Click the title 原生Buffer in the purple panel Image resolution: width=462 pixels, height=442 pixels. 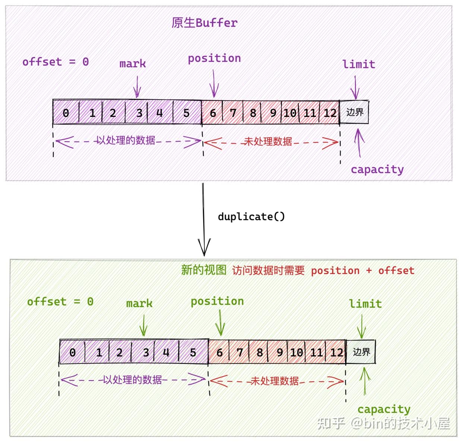click(x=204, y=23)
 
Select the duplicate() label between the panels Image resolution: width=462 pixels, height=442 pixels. click(x=251, y=217)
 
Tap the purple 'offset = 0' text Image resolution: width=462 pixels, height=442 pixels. click(x=56, y=62)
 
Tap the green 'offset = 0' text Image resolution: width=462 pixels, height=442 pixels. click(x=60, y=302)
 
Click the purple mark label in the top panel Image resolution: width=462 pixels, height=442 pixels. click(x=133, y=64)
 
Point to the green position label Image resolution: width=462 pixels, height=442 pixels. click(x=217, y=301)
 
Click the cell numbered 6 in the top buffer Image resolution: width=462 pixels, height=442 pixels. click(x=213, y=113)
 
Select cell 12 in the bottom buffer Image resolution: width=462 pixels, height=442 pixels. click(x=336, y=352)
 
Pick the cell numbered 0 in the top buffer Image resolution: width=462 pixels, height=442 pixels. click(x=66, y=113)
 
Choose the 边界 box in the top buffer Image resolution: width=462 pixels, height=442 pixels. click(x=354, y=112)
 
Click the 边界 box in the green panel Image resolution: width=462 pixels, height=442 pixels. click(x=361, y=352)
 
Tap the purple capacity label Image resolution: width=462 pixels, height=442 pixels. click(x=377, y=169)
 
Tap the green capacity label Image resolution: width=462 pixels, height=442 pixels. click(x=384, y=409)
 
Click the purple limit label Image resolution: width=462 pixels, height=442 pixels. click(x=359, y=64)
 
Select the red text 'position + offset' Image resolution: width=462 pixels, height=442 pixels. click(x=363, y=271)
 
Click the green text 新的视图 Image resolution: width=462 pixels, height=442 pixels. click(x=203, y=270)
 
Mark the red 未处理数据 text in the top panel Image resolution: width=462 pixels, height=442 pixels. click(x=268, y=141)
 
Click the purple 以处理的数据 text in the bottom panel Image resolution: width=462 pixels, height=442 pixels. click(x=132, y=380)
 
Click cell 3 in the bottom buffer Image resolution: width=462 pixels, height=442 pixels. click(x=146, y=352)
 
